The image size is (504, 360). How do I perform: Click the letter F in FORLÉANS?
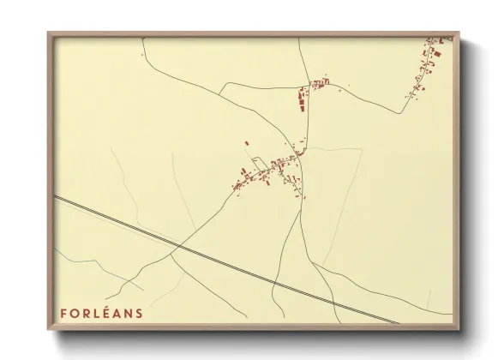[x=64, y=314]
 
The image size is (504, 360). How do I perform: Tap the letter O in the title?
[x=75, y=314]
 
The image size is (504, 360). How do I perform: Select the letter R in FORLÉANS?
[x=87, y=314]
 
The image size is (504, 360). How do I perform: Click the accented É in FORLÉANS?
[x=108, y=313]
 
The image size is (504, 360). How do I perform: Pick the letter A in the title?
[x=118, y=314]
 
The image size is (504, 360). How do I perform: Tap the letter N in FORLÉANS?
[x=129, y=314]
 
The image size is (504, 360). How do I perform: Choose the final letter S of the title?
[x=140, y=314]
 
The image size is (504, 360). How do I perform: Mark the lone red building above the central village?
[x=247, y=143]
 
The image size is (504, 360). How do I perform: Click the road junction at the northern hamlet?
[x=309, y=89]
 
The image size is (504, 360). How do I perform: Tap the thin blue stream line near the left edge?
[x=86, y=258]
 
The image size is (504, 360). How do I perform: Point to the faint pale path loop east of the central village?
[x=343, y=171]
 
